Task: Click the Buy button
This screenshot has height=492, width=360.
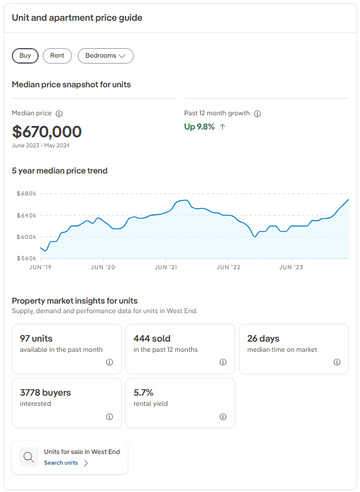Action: [25, 55]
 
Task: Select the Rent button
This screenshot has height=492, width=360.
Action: [57, 55]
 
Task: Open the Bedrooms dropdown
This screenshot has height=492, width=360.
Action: [105, 55]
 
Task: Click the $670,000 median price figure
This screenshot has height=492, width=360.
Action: [47, 131]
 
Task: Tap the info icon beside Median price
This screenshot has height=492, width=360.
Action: [59, 113]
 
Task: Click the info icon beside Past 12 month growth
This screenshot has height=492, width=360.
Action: [257, 113]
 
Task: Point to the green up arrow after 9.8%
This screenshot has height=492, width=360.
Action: [222, 127]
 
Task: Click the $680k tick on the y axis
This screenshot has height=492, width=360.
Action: [27, 194]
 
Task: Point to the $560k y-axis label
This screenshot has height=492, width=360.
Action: [27, 258]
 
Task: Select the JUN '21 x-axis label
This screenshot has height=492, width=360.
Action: [166, 267]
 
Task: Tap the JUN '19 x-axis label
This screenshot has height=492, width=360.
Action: [40, 267]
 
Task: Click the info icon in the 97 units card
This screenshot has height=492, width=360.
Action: [109, 362]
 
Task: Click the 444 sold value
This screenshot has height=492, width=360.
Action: [152, 339]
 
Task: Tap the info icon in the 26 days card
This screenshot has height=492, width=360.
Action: [337, 362]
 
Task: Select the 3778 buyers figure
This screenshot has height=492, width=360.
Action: [45, 393]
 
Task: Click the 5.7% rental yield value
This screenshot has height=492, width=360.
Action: [144, 393]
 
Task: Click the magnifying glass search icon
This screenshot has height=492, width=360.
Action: [29, 457]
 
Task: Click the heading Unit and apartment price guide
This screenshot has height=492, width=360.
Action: [77, 18]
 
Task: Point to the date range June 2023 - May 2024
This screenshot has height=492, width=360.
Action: [41, 146]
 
